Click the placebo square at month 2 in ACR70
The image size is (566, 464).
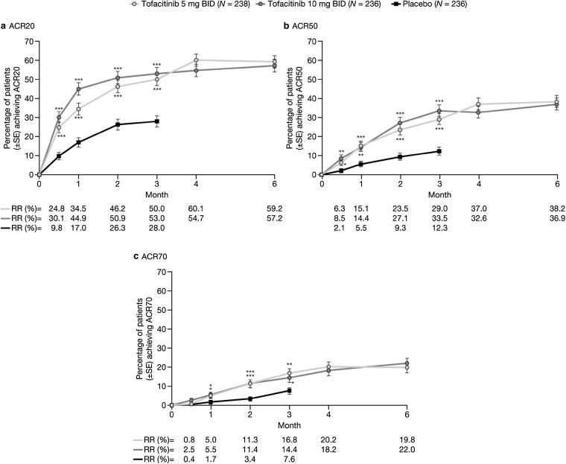[250, 398]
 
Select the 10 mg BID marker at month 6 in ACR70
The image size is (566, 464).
[407, 363]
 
